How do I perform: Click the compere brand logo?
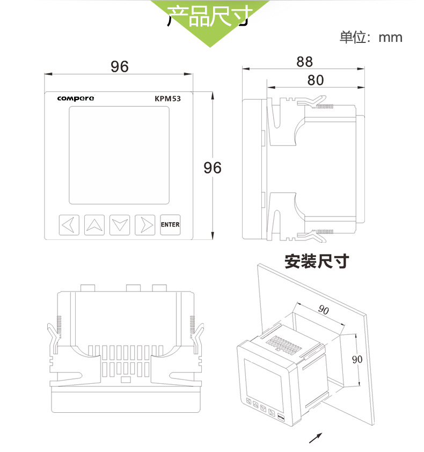click(x=76, y=98)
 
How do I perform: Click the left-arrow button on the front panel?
click(x=69, y=225)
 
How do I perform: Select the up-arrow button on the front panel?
click(x=94, y=225)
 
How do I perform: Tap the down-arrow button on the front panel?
click(x=120, y=225)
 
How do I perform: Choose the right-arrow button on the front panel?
click(x=145, y=225)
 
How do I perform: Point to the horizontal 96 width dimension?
click(x=120, y=66)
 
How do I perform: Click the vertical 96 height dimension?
click(x=213, y=167)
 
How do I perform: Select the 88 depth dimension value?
click(x=304, y=62)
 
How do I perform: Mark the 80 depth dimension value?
click(x=316, y=80)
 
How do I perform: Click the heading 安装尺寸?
click(x=317, y=261)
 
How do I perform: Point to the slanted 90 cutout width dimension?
click(x=324, y=309)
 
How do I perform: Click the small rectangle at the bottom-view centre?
click(x=126, y=380)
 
